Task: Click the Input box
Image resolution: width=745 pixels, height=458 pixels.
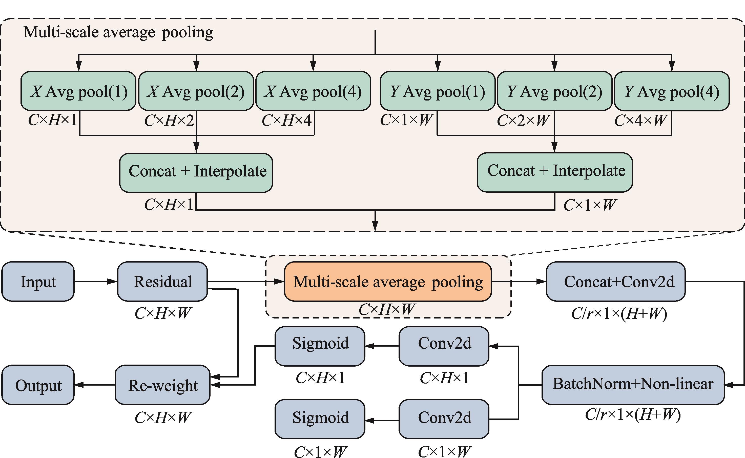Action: [x=38, y=281]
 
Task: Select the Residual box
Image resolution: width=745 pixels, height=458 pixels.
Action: [x=162, y=281]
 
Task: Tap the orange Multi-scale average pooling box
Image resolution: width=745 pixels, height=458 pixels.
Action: [x=388, y=281]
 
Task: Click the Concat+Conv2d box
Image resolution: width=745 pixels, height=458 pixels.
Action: [x=616, y=281]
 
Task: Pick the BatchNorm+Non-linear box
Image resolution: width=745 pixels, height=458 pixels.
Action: [x=633, y=385]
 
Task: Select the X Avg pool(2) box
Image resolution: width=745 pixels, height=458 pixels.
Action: [x=196, y=91]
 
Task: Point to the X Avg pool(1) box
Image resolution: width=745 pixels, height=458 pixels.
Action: [x=78, y=91]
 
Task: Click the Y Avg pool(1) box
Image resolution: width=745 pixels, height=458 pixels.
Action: [x=438, y=91]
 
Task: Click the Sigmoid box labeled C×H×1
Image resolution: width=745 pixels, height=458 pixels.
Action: [x=320, y=346]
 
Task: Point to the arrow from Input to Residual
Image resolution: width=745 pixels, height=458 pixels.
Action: [x=96, y=281]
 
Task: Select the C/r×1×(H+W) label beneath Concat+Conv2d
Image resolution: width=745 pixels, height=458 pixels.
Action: [x=619, y=314]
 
